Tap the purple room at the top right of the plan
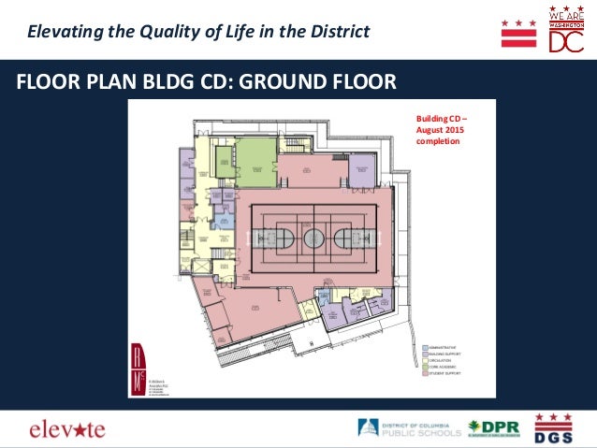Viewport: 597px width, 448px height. tap(360, 169)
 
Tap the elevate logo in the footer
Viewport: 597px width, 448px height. tap(66, 429)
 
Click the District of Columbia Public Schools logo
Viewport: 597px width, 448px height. tap(410, 429)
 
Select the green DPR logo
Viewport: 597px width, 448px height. tap(495, 429)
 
